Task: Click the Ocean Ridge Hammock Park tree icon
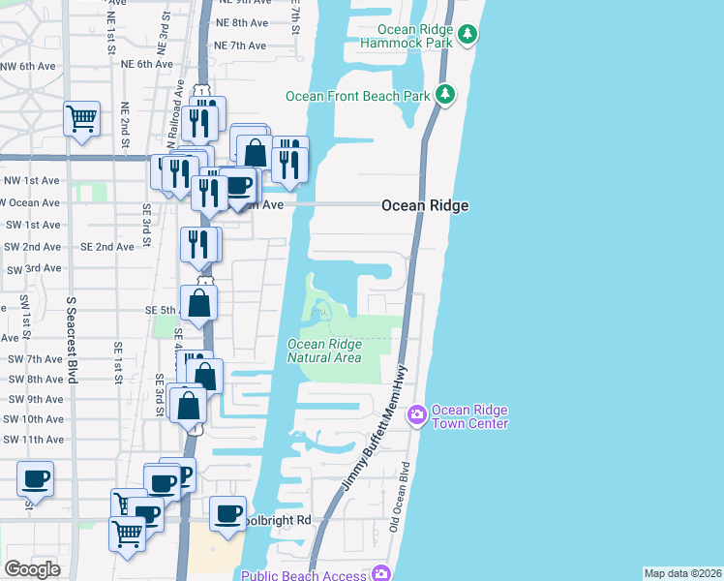pos(468,36)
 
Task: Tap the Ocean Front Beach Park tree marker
pos(445,95)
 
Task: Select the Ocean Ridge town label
pos(425,205)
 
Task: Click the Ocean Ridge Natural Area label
pos(324,351)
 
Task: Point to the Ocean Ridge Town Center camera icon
pos(417,415)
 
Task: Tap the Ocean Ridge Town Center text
pos(469,416)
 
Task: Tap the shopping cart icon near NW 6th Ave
pos(82,118)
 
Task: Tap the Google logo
pos(32,569)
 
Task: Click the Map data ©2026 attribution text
pos(682,573)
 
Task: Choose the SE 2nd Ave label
pos(107,247)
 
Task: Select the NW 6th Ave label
pos(23,66)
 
